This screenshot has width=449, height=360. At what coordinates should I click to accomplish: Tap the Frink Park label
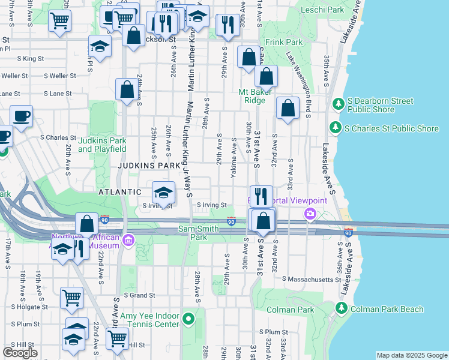click(x=285, y=43)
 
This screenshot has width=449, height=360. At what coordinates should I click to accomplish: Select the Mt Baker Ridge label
click(x=255, y=96)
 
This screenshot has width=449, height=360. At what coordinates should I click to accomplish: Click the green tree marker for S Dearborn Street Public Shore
click(x=337, y=104)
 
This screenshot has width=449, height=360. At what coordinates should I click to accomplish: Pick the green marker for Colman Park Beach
click(x=341, y=308)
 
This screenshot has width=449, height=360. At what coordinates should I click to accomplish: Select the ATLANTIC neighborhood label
click(x=121, y=192)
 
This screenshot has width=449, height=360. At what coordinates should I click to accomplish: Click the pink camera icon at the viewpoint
click(x=310, y=213)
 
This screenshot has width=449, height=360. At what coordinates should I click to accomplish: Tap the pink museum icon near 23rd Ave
click(x=128, y=241)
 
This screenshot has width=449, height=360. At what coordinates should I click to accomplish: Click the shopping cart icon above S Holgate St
click(x=71, y=296)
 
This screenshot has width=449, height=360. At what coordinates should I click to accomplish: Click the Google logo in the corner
click(x=20, y=352)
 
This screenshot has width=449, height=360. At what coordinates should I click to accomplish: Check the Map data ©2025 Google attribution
click(x=412, y=355)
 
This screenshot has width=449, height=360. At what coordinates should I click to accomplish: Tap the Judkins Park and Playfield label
click(x=102, y=145)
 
